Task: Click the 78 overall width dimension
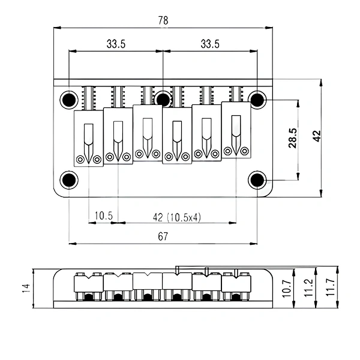[x=163, y=20]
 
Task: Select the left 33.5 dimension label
[x=116, y=44]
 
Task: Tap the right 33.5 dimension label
[x=210, y=44]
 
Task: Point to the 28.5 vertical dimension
[x=293, y=138]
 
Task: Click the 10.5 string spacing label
[x=104, y=215]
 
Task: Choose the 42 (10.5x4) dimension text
[x=177, y=217]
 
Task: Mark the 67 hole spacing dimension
[x=163, y=236]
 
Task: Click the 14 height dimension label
[x=26, y=288]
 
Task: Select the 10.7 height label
[x=287, y=289]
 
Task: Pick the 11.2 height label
[x=308, y=288]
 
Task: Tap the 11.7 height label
[x=331, y=287]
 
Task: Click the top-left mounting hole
[x=69, y=100]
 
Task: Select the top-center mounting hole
[x=163, y=99]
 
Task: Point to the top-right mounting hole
[x=257, y=100]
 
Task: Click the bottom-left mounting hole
[x=69, y=180]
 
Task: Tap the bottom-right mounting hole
[x=257, y=180]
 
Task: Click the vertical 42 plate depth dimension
[x=317, y=136]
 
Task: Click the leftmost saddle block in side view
[x=89, y=283]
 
